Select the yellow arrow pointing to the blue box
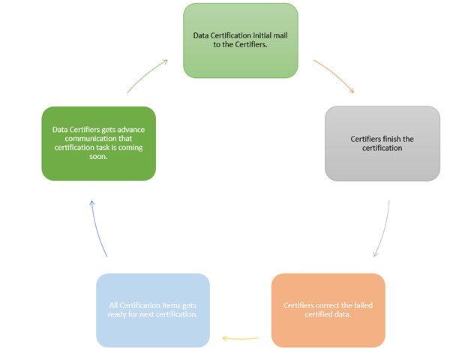(x=241, y=338)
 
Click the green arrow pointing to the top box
(x=147, y=76)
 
